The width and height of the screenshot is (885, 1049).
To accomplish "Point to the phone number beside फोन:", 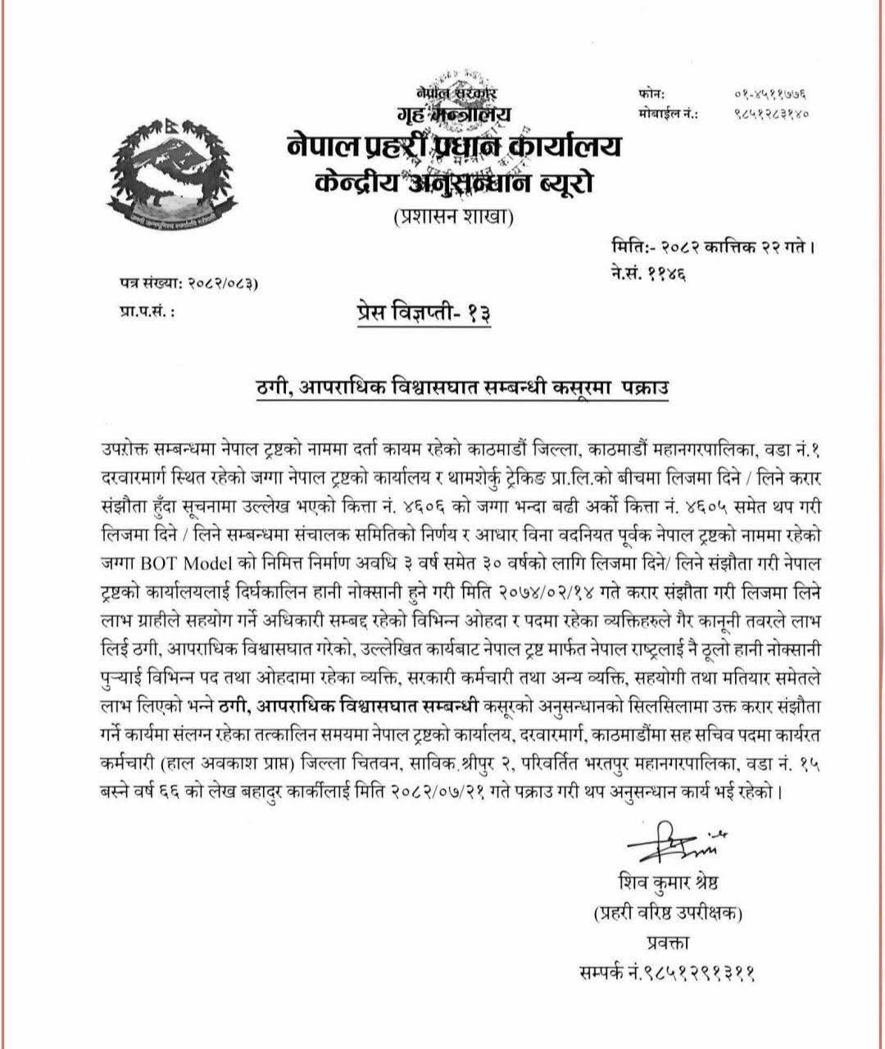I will click(769, 95).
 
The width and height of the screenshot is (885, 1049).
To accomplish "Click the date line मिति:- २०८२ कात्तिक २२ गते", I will click(713, 245).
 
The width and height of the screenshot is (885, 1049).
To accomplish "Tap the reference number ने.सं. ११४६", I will click(648, 273).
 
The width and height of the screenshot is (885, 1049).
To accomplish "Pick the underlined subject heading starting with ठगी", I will click(462, 387).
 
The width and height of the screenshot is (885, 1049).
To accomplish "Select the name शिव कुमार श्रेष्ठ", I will click(664, 884).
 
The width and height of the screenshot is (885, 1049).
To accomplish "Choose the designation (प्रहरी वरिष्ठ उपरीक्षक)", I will click(664, 914).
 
